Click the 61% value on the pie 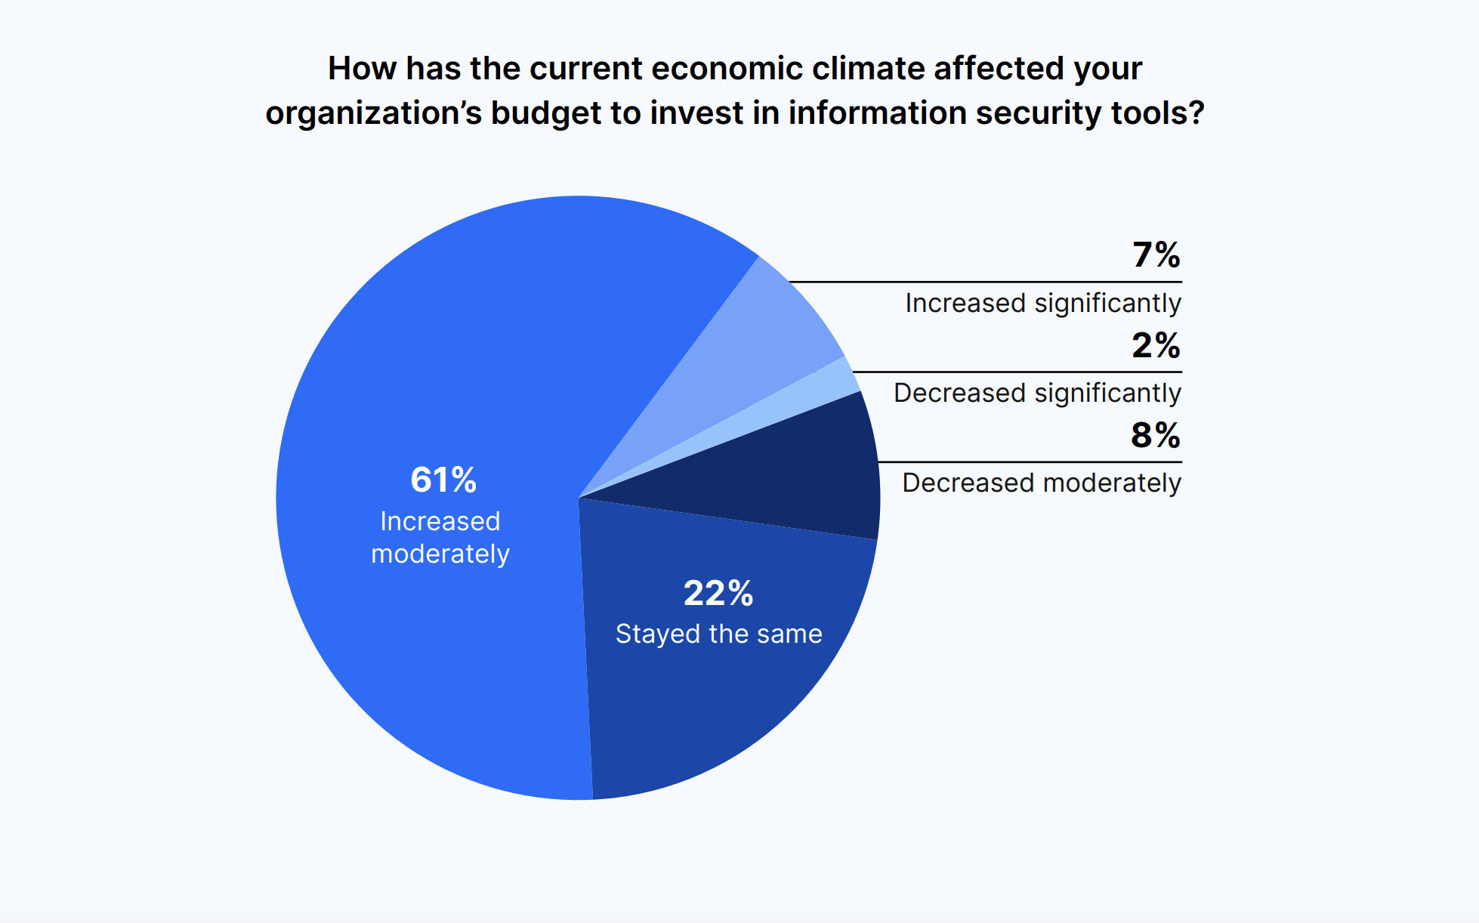443,480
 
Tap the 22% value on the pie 718,593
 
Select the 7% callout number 1156,255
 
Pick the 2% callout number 1156,345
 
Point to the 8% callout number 1156,435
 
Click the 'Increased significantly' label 1043,304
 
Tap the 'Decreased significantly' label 1037,394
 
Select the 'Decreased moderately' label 1042,483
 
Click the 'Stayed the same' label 718,634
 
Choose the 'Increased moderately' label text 440,538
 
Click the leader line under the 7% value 985,282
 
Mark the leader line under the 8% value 1030,461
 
